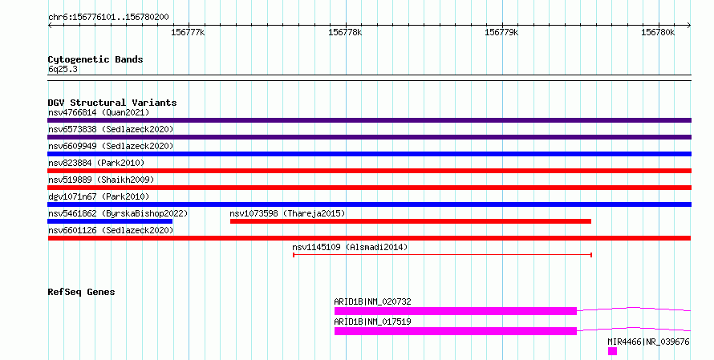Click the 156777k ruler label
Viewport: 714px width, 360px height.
pyautogui.click(x=188, y=32)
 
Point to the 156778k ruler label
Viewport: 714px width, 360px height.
pyautogui.click(x=345, y=32)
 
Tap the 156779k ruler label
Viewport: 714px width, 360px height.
pyautogui.click(x=501, y=32)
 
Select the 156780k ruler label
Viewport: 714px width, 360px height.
pyautogui.click(x=658, y=32)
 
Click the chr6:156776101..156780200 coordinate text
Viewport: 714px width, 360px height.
pyautogui.click(x=108, y=18)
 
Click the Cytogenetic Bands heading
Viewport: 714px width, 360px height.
pyautogui.click(x=95, y=59)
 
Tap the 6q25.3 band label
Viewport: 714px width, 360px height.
pyautogui.click(x=63, y=69)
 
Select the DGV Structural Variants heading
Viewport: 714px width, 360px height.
pyautogui.click(x=112, y=103)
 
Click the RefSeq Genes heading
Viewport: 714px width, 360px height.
pyautogui.click(x=81, y=292)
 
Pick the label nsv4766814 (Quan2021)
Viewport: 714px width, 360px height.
pyautogui.click(x=99, y=112)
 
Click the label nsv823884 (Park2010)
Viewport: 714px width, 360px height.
pyautogui.click(x=96, y=163)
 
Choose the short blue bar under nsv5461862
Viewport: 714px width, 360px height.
pyautogui.click(x=110, y=221)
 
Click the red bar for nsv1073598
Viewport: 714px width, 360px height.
pyautogui.click(x=411, y=221)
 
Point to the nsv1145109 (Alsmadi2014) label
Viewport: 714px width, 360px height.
pyautogui.click(x=350, y=247)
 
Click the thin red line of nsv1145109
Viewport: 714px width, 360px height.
pyautogui.click(x=442, y=255)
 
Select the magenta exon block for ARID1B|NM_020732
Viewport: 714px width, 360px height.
pyautogui.click(x=456, y=311)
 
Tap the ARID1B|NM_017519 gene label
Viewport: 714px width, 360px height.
pyautogui.click(x=372, y=322)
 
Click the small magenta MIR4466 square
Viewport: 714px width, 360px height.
pyautogui.click(x=612, y=351)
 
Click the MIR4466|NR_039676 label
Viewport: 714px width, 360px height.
pyautogui.click(x=648, y=342)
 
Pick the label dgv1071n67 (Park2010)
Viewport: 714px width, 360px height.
pyautogui.click(x=99, y=196)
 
